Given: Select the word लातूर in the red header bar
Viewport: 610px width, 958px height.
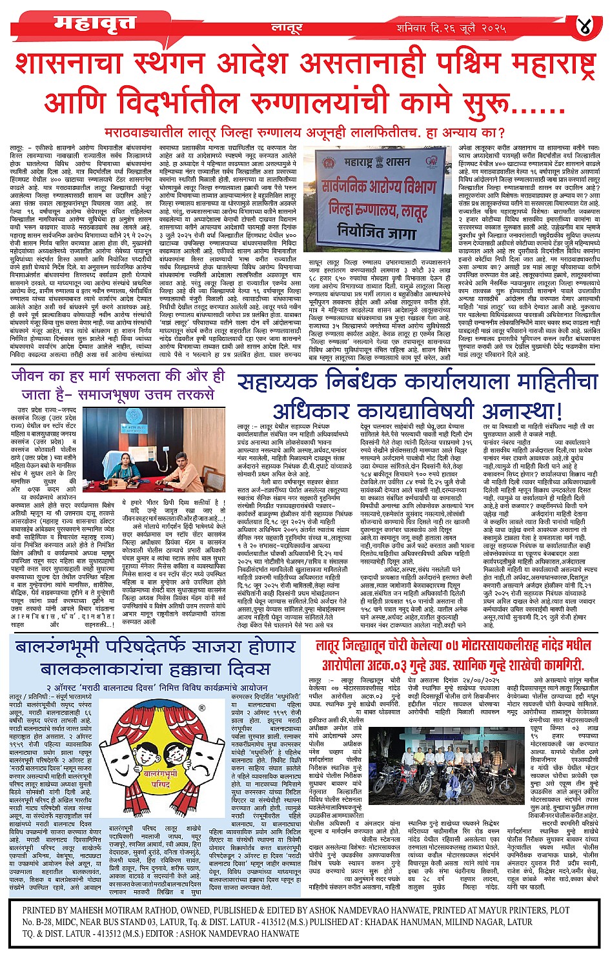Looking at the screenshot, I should click(x=287, y=29).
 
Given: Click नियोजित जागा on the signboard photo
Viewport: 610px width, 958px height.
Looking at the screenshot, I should click(x=378, y=229).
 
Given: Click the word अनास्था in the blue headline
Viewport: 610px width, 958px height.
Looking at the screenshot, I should click(x=519, y=411).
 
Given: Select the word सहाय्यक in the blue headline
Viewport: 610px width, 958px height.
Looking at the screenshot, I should click(x=278, y=382).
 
